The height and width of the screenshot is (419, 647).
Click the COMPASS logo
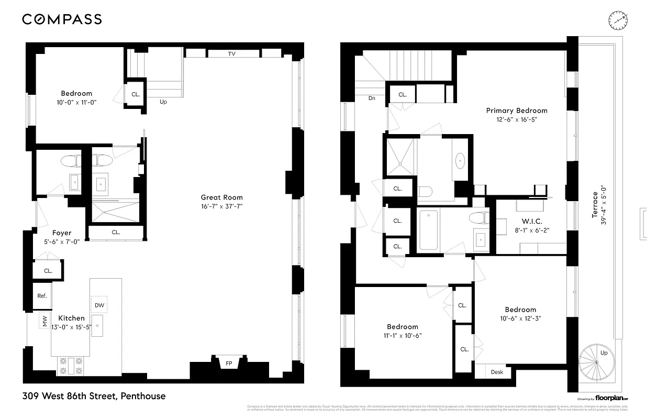point(62,19)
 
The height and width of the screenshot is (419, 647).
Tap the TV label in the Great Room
point(231,54)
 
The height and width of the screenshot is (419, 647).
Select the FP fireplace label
point(229,363)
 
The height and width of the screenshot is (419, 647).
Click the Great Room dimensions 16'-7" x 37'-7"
point(221,206)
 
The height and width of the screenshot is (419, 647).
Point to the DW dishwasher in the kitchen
point(99,305)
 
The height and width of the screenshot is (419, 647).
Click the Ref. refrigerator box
point(42,296)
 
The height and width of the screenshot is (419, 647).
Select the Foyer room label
point(62,233)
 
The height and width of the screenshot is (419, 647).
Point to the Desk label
point(497,372)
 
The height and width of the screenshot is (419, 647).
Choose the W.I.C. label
point(531,222)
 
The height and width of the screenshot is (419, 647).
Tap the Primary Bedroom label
point(516,111)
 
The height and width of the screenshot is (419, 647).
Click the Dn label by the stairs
point(372,98)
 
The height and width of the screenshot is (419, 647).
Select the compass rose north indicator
point(618,20)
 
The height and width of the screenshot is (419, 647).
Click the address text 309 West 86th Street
point(94,396)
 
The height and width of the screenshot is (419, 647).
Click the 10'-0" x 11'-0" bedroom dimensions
point(76,102)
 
